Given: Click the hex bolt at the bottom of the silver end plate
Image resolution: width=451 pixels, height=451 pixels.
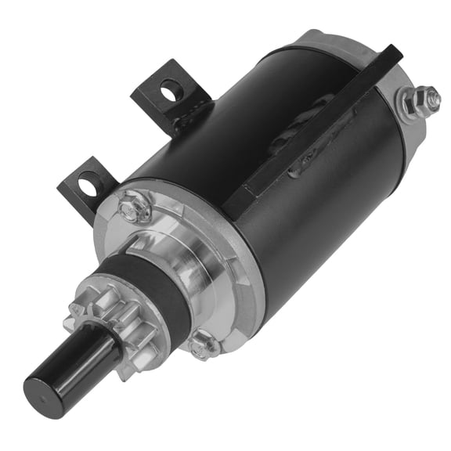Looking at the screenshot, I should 202,343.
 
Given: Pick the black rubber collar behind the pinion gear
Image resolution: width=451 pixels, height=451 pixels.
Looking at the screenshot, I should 141,290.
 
